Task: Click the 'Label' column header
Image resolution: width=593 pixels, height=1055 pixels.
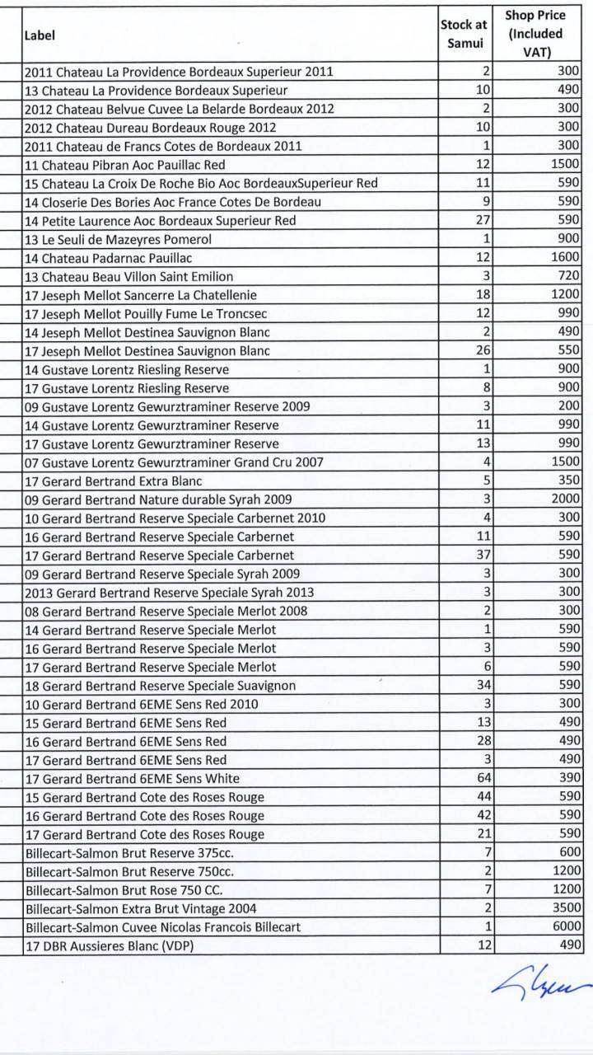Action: coord(34,35)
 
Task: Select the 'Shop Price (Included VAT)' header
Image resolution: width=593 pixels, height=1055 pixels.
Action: coord(535,34)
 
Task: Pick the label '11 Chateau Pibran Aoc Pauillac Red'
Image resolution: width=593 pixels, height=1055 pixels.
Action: coord(125,165)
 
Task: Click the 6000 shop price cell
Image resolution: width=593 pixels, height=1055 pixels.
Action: coord(567,927)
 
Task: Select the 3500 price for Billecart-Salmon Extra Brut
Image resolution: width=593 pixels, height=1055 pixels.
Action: coord(567,908)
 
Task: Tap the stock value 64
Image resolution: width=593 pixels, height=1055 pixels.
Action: coord(483,778)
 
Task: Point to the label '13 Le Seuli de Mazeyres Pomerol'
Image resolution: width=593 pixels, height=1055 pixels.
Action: coord(118,239)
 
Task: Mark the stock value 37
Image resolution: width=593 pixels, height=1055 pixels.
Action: coord(483,555)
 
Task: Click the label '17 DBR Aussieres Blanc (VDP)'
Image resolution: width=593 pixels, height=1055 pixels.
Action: coord(109,945)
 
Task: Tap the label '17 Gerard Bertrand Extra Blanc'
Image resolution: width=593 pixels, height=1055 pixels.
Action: coord(114,481)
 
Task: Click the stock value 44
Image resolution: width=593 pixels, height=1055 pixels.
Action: coord(483,797)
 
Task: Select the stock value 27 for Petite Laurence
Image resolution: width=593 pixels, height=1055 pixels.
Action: coord(483,221)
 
